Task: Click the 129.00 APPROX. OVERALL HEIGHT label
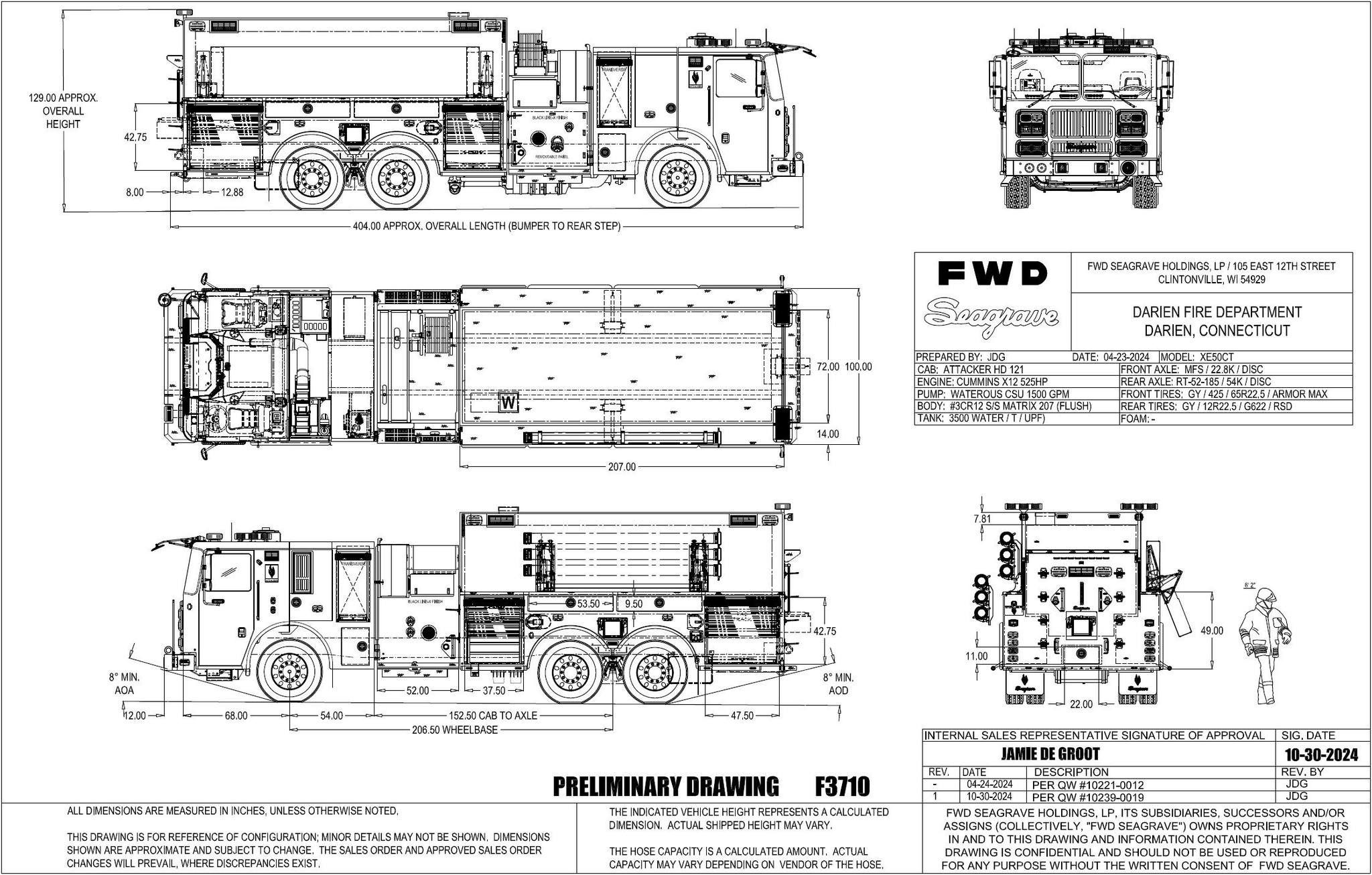click(x=63, y=111)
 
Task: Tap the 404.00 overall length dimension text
click(x=486, y=226)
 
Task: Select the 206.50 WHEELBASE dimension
click(x=455, y=730)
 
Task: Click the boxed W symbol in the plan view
click(x=509, y=403)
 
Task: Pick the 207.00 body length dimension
click(x=622, y=466)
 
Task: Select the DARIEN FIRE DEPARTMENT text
click(x=1217, y=312)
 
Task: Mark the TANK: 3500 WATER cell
click(x=980, y=419)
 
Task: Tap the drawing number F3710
click(x=842, y=785)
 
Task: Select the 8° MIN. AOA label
click(x=125, y=683)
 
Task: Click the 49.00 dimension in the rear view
click(x=1212, y=630)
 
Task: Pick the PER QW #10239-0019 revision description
click(x=1089, y=797)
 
